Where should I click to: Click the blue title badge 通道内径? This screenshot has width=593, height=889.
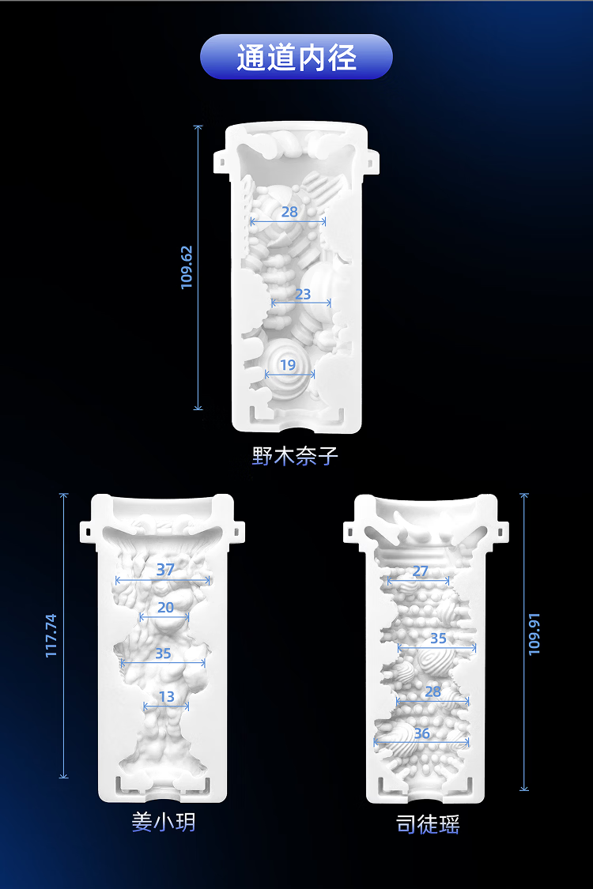(x=296, y=57)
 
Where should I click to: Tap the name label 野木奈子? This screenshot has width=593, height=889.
(x=295, y=456)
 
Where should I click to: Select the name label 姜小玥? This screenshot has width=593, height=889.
(x=164, y=822)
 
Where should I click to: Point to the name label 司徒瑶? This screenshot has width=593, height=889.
(x=427, y=823)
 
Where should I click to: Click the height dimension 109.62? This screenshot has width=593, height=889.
(x=187, y=267)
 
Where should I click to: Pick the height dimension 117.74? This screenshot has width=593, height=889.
(x=51, y=635)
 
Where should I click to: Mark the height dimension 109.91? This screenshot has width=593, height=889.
(x=534, y=635)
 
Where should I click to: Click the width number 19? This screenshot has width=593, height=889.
(x=288, y=365)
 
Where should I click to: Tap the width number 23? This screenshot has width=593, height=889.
(x=303, y=294)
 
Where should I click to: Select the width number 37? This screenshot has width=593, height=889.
(x=165, y=569)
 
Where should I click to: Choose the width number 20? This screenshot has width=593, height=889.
(x=165, y=608)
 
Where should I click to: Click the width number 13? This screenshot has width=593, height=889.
(x=166, y=696)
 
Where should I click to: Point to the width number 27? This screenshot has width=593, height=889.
(x=420, y=571)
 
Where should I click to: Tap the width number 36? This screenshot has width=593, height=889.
(x=421, y=733)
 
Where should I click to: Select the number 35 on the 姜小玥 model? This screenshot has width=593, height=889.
(x=163, y=654)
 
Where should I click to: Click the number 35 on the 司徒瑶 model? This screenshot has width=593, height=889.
(x=438, y=638)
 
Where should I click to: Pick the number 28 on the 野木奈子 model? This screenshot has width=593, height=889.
(x=289, y=212)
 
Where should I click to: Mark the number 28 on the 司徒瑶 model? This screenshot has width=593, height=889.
(x=433, y=691)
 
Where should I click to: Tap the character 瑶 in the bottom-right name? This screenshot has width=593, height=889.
(x=449, y=823)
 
